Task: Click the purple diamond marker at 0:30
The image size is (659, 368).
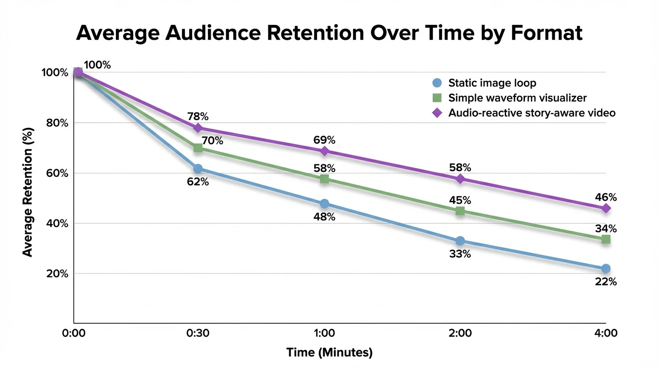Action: point(198,128)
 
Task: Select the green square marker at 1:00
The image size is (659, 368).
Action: point(324,179)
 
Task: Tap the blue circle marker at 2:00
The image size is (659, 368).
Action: point(460,241)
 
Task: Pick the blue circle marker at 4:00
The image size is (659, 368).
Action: point(606,268)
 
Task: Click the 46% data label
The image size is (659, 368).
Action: point(606,197)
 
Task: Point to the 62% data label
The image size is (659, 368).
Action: point(198,182)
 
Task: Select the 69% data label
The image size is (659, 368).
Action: point(324,140)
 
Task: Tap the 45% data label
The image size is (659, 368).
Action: point(460,200)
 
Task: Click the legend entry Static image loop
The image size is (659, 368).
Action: point(492,82)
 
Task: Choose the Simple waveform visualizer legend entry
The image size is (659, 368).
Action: point(517,98)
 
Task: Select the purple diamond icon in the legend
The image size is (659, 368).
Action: point(436,113)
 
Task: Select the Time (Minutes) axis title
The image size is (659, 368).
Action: point(329,353)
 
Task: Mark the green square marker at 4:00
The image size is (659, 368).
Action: point(606,239)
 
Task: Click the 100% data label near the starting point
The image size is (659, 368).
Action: point(97,65)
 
